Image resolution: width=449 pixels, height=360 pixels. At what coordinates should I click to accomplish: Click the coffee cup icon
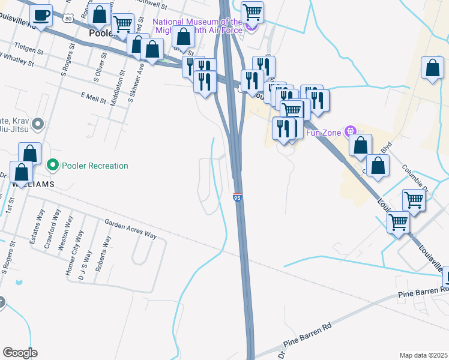coord(41,15)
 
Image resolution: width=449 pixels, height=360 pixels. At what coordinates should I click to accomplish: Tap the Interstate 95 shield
coord(238,197)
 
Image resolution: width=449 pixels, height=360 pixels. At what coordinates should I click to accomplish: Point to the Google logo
coord(20,352)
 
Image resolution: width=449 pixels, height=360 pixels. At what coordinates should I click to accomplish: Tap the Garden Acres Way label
coord(130,229)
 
